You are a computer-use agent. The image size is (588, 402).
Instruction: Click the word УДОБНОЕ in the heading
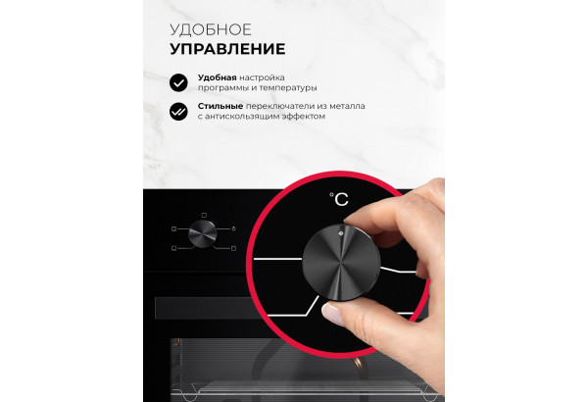click(211, 30)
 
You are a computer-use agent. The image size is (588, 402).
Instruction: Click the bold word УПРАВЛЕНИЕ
click(227, 49)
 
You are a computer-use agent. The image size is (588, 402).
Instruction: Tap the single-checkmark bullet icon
click(178, 82)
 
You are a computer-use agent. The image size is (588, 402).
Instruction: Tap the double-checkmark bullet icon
click(178, 111)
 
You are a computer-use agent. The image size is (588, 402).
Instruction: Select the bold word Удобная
click(218, 77)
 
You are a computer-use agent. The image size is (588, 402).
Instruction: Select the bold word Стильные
click(220, 106)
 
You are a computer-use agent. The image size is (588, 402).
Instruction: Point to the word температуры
click(288, 88)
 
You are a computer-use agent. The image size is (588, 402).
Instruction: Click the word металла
click(347, 106)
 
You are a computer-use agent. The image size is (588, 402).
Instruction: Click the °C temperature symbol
click(339, 199)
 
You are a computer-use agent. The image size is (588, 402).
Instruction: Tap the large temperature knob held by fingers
click(341, 263)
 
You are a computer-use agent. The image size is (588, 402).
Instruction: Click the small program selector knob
click(203, 233)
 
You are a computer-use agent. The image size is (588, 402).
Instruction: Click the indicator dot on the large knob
click(340, 233)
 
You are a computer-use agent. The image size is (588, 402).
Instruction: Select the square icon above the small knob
click(204, 215)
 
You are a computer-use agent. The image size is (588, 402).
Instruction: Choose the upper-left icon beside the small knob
click(173, 228)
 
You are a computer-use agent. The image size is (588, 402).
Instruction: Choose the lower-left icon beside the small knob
click(173, 248)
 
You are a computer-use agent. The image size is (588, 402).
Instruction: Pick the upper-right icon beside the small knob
click(233, 228)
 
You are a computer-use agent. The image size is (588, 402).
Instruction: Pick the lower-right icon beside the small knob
click(233, 248)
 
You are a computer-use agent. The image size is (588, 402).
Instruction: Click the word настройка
click(262, 77)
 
